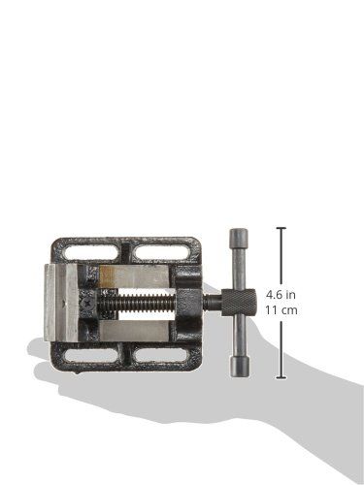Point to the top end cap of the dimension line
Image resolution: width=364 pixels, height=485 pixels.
(281, 229)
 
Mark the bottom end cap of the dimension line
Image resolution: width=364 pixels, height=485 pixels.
(281, 378)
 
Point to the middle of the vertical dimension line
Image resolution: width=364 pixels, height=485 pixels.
(281, 304)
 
